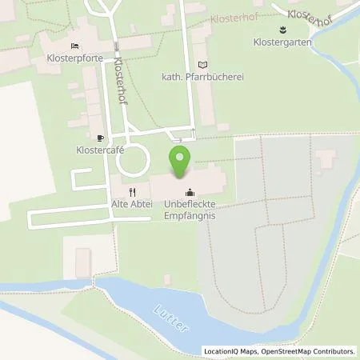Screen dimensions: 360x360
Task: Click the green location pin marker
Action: pos(180,162)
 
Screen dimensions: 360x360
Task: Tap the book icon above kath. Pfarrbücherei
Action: pos(202,64)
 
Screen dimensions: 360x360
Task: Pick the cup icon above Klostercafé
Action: pos(100,138)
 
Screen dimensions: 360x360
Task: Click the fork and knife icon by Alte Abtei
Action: pos(134,192)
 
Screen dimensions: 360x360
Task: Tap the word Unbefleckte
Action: pos(190,204)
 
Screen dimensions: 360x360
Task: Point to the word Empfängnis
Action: pos(190,214)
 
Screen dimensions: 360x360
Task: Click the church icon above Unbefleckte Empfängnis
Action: pos(190,192)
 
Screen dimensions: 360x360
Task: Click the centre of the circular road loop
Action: pos(133,161)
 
